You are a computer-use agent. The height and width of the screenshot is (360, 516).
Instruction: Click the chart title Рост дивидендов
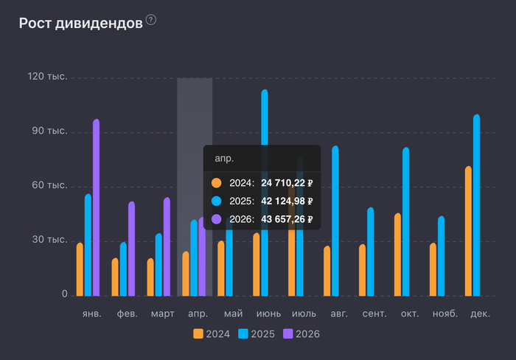[x=80, y=23]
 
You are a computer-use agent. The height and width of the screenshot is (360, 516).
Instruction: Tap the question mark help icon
[x=151, y=20]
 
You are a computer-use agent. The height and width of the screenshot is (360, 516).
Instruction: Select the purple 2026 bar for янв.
[x=97, y=207]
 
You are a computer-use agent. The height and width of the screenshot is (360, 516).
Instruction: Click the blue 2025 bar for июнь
[x=265, y=192]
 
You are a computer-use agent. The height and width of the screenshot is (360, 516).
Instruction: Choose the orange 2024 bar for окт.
[x=398, y=254]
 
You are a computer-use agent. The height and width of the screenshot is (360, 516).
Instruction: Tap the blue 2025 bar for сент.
[x=371, y=251]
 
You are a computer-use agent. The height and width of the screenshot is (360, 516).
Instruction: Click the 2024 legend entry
[x=212, y=334]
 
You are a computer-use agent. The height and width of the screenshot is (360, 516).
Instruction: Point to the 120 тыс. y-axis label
[x=48, y=77]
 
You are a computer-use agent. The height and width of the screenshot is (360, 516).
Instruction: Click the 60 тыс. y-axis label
[x=50, y=186]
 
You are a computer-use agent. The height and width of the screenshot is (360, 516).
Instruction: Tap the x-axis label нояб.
[x=445, y=314]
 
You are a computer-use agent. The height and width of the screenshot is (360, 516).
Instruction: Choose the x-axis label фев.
[x=127, y=314]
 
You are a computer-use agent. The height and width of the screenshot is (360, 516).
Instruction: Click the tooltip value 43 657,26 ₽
[x=288, y=219]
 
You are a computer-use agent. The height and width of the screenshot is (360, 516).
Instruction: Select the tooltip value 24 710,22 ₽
[x=288, y=183]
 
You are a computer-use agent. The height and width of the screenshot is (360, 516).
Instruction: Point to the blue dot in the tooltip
[x=216, y=201]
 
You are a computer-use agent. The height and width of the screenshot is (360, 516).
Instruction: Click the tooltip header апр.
[x=223, y=159]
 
